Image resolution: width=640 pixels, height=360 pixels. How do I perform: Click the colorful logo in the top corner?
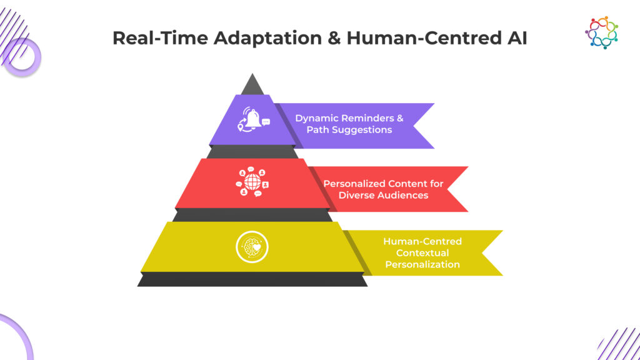[601, 32]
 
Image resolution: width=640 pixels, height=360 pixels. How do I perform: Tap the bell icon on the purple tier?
[252, 119]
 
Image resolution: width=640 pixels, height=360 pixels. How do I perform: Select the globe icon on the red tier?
[252, 182]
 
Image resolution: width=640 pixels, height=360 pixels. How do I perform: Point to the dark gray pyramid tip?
[252, 85]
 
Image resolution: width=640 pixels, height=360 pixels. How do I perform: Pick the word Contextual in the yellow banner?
[422, 252]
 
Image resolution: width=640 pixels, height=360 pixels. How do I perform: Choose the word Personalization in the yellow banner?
[422, 264]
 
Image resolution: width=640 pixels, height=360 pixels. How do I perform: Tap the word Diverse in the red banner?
[356, 195]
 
